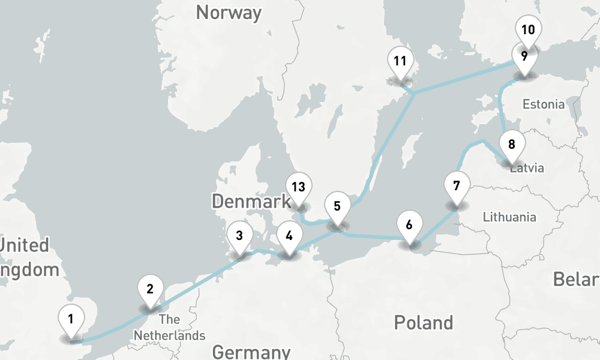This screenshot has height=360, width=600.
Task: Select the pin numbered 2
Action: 150,289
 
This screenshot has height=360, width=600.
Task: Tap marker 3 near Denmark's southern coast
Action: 239,236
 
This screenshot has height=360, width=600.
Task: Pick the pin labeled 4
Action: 289,236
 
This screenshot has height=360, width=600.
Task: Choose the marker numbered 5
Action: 337,207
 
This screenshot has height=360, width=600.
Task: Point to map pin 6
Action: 409,226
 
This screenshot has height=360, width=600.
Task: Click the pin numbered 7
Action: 457,185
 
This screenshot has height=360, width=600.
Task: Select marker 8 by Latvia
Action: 511,145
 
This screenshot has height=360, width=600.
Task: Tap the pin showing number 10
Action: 528,29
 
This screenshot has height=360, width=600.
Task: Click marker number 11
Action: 400,61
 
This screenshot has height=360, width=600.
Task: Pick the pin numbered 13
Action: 298,187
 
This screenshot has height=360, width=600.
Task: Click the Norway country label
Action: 229,13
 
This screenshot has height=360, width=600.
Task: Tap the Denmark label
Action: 251,202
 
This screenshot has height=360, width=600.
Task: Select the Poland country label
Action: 423,322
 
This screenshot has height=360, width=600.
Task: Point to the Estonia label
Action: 544,104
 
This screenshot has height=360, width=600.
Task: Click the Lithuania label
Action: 509,217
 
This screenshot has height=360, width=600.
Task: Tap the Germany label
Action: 251,352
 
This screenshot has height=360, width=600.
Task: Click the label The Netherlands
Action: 169,328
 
